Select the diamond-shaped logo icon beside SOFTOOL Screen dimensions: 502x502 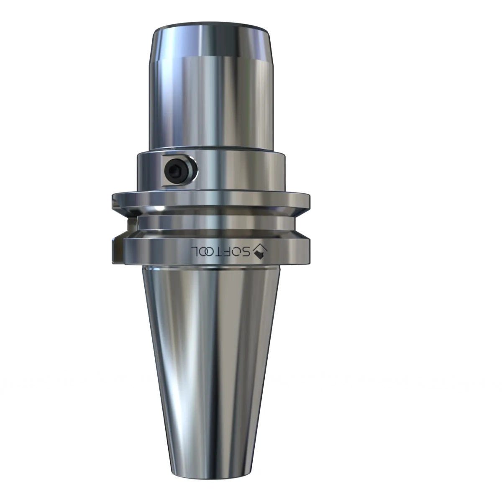point(260,252)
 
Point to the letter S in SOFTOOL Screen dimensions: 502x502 point(247,251)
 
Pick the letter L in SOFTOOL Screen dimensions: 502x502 point(195,251)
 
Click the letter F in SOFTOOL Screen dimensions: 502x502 point(228,251)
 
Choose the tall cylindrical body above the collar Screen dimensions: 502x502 point(211,105)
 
